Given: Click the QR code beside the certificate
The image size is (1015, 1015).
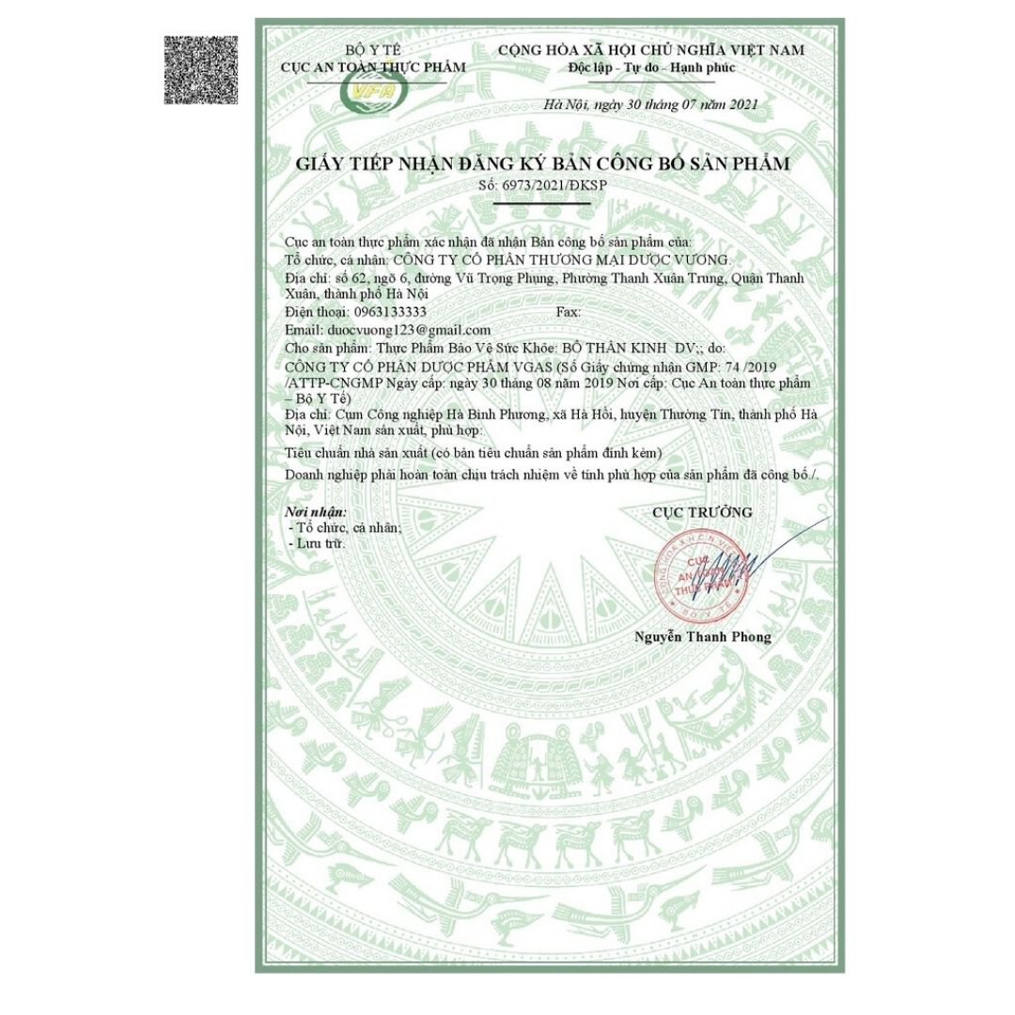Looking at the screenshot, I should point(201,70).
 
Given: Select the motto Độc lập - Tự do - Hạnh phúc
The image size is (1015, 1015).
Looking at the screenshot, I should point(651,68).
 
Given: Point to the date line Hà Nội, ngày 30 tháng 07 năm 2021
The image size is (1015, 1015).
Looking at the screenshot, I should point(650,105).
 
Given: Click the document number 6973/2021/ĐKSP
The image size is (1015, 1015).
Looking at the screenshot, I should point(556,185).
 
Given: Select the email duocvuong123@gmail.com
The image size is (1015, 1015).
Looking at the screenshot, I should point(406,330).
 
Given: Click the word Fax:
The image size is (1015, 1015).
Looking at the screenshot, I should point(570,311).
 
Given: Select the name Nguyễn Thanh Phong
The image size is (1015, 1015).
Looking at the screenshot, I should point(702,637).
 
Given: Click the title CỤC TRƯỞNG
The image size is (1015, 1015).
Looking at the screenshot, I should point(702,512).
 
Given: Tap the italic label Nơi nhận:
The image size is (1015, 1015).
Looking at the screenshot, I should point(316,512).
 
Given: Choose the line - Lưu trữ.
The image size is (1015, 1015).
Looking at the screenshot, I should point(318,544).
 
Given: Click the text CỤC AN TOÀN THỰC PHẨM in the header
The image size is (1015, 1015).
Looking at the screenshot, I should point(372,67).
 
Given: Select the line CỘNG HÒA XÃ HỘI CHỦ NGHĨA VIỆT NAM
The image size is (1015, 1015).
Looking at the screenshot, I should point(651,50).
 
